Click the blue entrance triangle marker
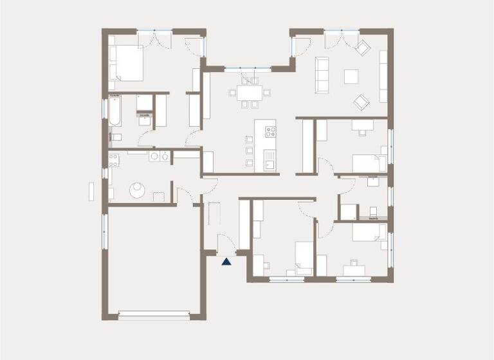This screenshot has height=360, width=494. (226, 261)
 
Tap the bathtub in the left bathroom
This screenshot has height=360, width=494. (114, 111)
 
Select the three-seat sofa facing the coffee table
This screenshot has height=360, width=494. (321, 74)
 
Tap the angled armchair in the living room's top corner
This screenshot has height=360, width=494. (362, 47)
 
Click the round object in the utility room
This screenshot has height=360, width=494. (138, 189)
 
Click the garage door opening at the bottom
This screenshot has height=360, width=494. (154, 316)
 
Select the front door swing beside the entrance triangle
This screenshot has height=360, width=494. (225, 244)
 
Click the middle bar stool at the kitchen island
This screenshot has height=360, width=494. (249, 150)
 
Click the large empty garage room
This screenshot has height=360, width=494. (154, 257)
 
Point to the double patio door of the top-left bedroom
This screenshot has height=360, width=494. (155, 37)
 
